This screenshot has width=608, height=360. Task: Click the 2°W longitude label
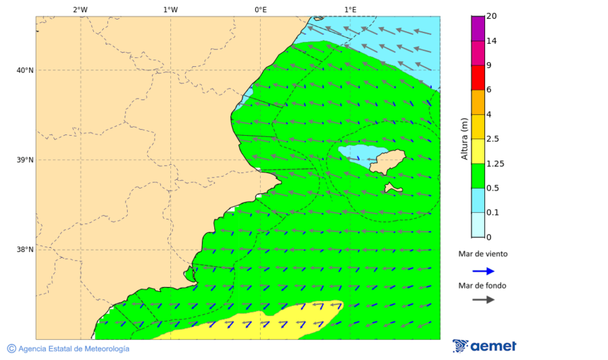[80, 9]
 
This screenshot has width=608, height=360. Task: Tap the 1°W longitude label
[170, 9]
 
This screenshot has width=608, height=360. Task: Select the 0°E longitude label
[260, 9]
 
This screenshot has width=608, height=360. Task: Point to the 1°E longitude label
[350, 9]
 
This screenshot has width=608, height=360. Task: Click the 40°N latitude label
[25, 70]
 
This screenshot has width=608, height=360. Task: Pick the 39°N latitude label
[25, 160]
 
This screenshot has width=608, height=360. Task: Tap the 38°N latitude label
[25, 250]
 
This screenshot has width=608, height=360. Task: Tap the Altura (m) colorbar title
[464, 139]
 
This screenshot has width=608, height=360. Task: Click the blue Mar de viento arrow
[483, 271]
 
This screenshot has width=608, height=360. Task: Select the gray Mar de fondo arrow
[483, 300]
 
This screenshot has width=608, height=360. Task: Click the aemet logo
[484, 346]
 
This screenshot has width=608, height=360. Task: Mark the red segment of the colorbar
[478, 78]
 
